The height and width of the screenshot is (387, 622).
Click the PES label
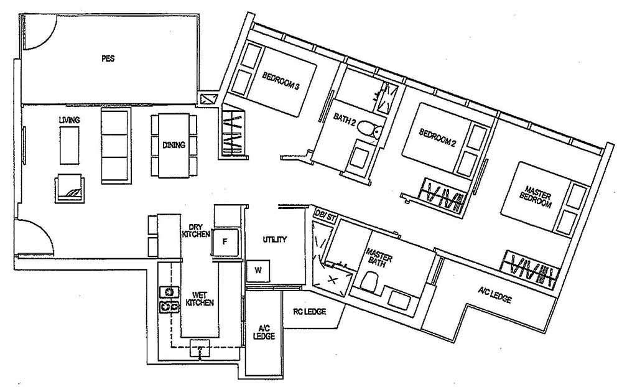point(108,59)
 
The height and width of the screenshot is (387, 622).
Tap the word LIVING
point(68,119)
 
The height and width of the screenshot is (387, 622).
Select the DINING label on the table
point(174,145)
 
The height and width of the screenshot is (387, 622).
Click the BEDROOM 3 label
point(281,82)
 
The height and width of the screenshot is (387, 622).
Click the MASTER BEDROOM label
point(537,198)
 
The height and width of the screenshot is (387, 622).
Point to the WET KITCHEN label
point(200,298)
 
